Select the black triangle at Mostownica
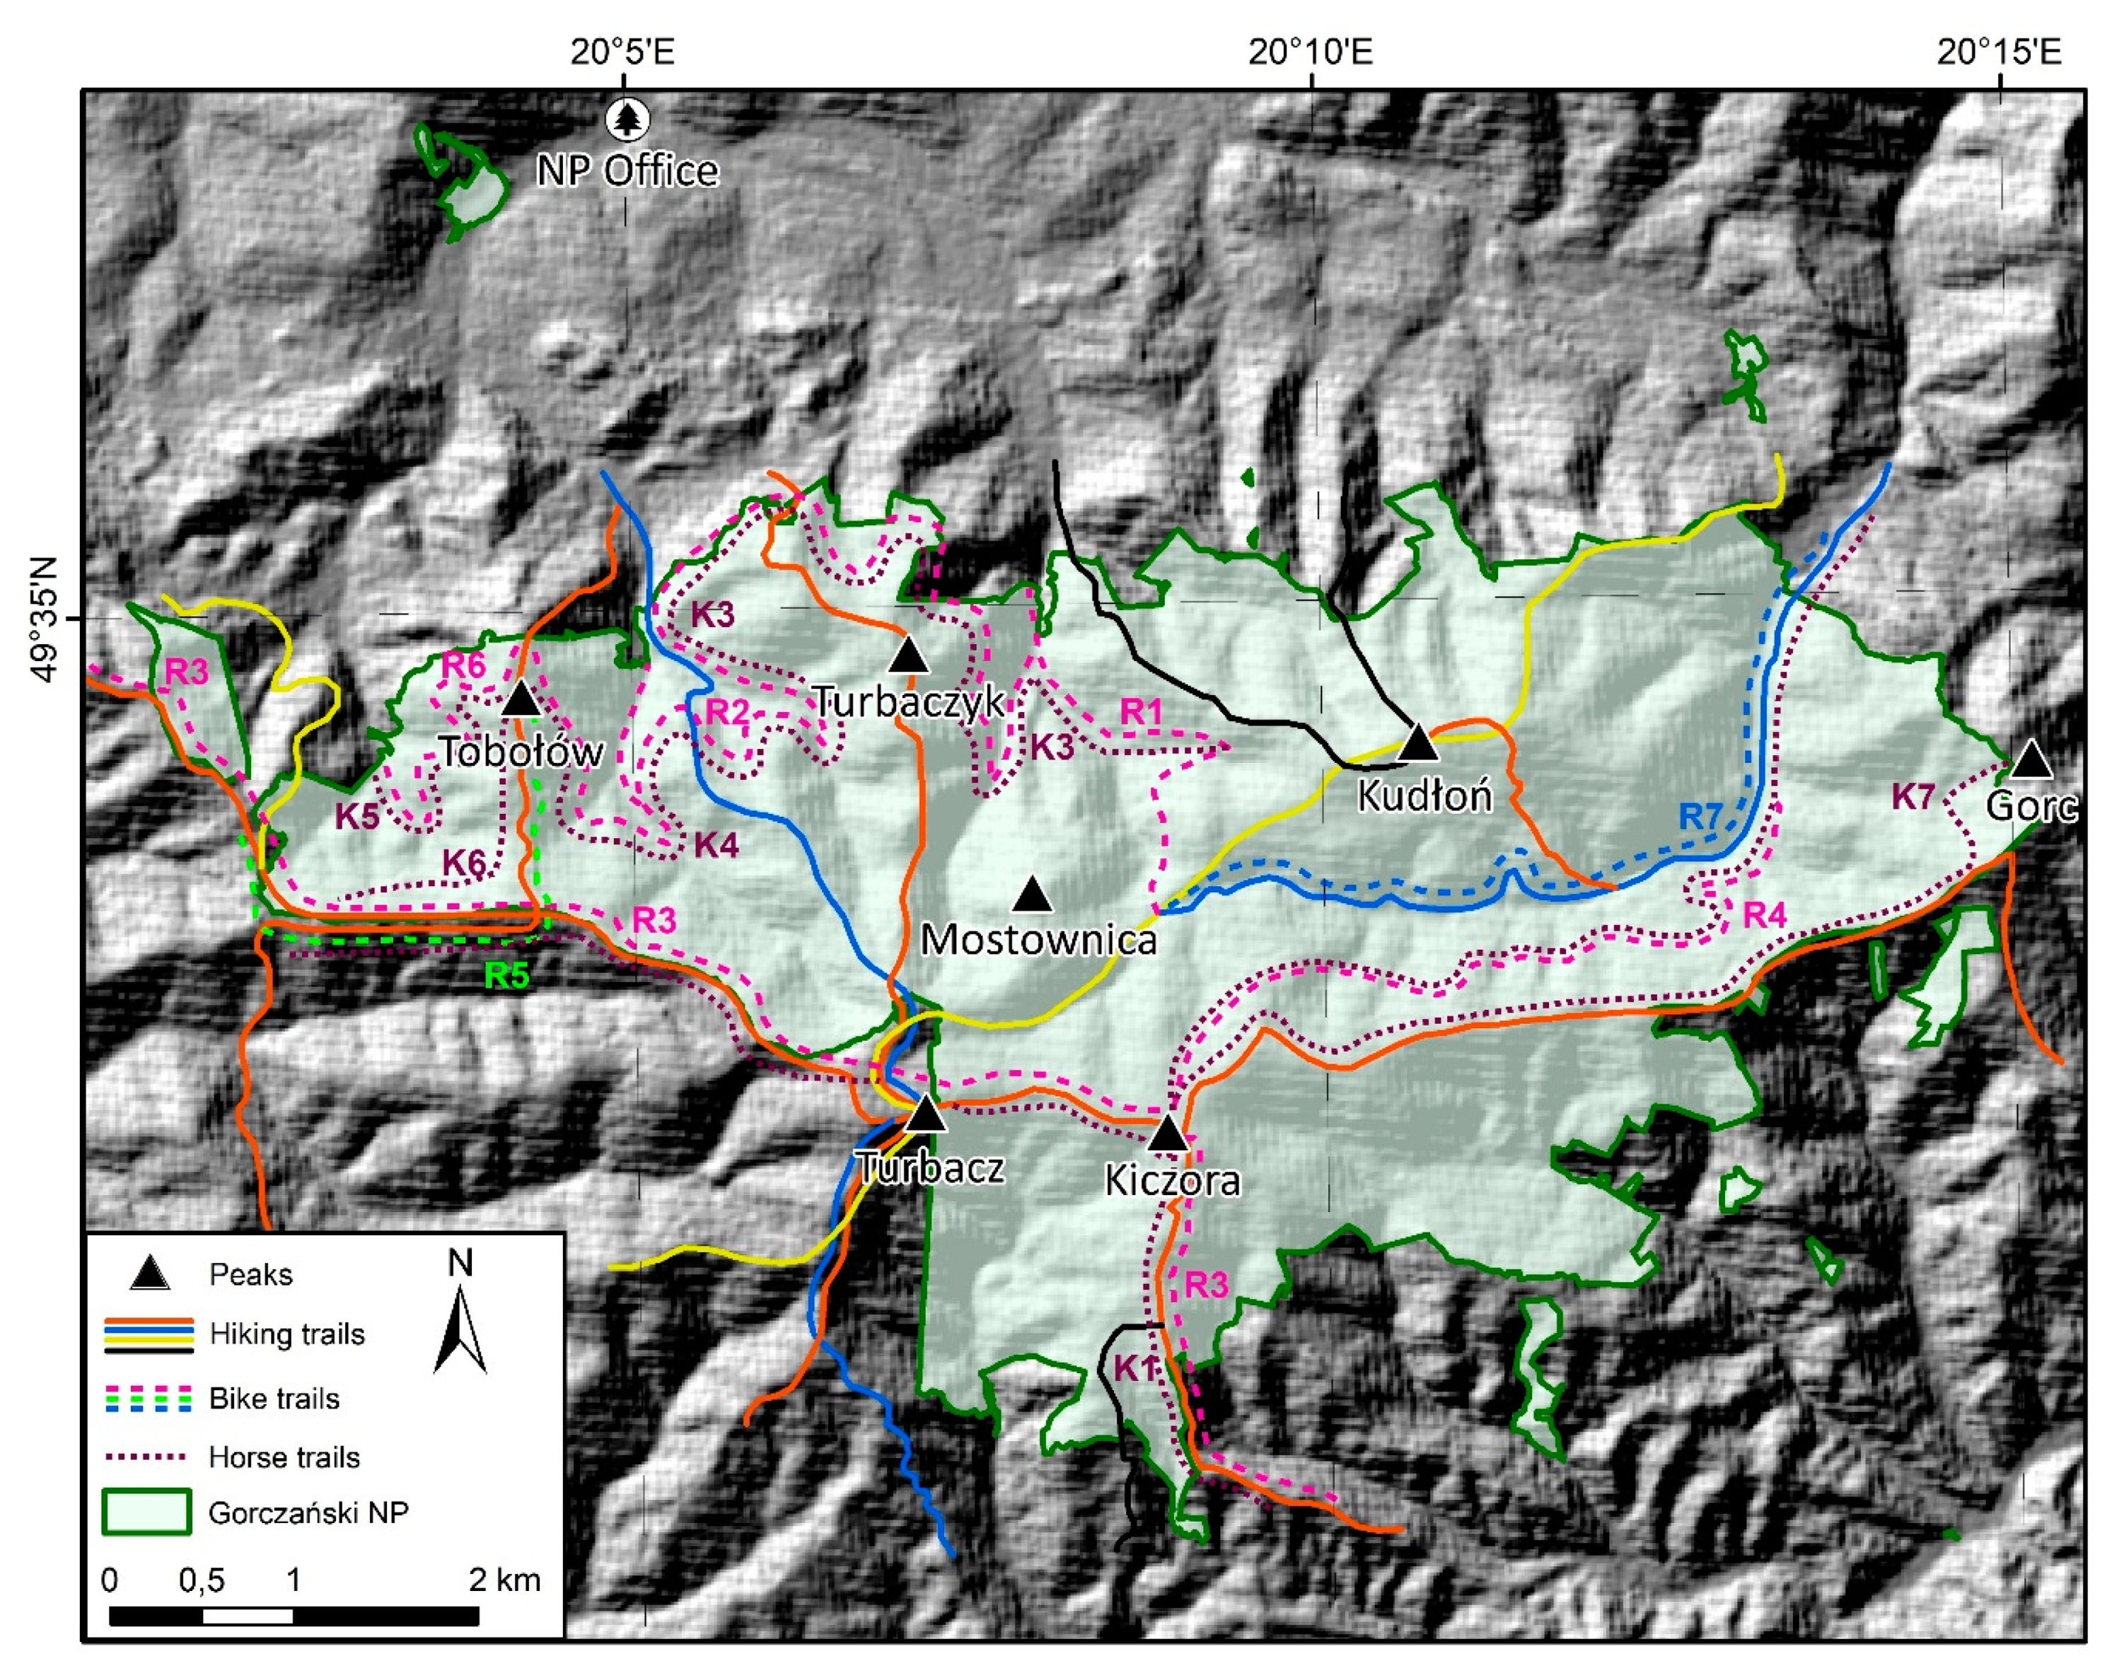(x=1031, y=895)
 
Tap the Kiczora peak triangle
(x=1168, y=1134)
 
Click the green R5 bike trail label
(x=506, y=976)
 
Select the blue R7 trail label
(x=1700, y=816)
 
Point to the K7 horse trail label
(x=1912, y=796)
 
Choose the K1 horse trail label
(x=1135, y=1368)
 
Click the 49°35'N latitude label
(x=44, y=619)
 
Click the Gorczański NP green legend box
(x=147, y=1511)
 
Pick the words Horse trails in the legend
(x=284, y=1457)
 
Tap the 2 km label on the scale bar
(x=504, y=1580)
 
